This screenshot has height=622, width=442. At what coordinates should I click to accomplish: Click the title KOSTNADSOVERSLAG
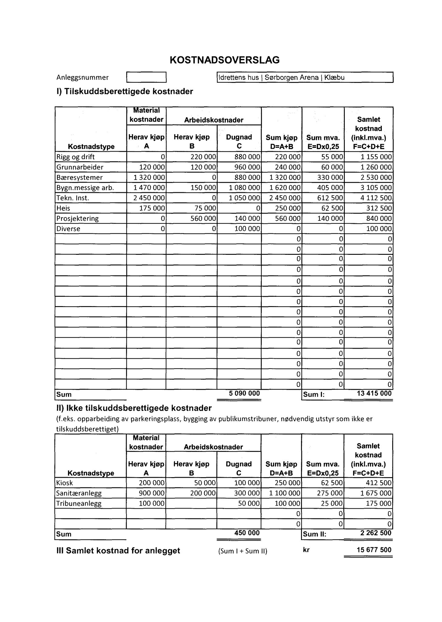224,60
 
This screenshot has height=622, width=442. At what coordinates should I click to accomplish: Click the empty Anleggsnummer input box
146,77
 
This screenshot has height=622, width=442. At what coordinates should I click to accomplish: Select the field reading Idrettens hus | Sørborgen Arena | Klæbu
305,77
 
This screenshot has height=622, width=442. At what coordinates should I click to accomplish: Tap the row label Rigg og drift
76,157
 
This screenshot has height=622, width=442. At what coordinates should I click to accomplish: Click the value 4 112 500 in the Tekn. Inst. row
376,198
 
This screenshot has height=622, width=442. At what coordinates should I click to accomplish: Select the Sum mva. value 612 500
330,198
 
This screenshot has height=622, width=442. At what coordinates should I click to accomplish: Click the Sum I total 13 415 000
374,394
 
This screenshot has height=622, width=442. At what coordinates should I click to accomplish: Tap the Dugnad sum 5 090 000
245,394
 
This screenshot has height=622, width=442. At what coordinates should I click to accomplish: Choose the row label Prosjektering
77,219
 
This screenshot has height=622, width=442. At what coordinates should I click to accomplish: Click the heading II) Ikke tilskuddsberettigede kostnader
134,408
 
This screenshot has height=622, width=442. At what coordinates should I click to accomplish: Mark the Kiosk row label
65,483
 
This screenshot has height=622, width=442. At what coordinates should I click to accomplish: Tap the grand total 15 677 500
374,550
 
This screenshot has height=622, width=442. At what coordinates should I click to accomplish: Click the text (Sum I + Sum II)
243,551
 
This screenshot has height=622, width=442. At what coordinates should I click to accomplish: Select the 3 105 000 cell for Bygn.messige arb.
376,188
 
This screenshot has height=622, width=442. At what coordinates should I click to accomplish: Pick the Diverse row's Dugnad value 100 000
247,229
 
